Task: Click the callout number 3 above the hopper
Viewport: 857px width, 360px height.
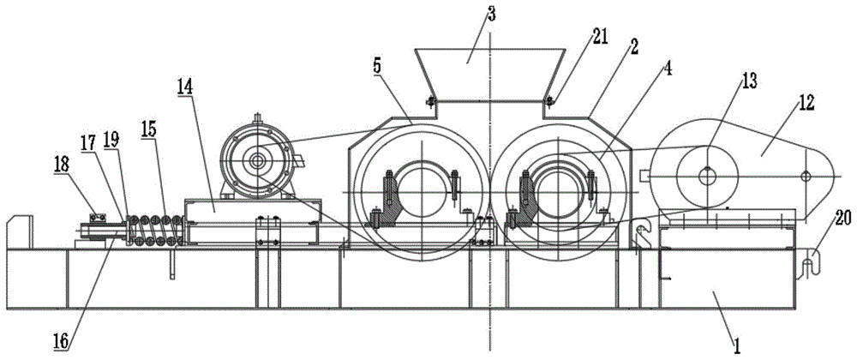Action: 491,15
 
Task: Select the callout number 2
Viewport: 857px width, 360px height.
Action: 633,48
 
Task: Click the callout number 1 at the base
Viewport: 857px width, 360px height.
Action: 737,345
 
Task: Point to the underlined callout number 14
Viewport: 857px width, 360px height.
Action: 185,87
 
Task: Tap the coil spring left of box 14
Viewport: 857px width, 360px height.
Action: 155,230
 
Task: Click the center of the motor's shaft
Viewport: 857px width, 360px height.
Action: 256,160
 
